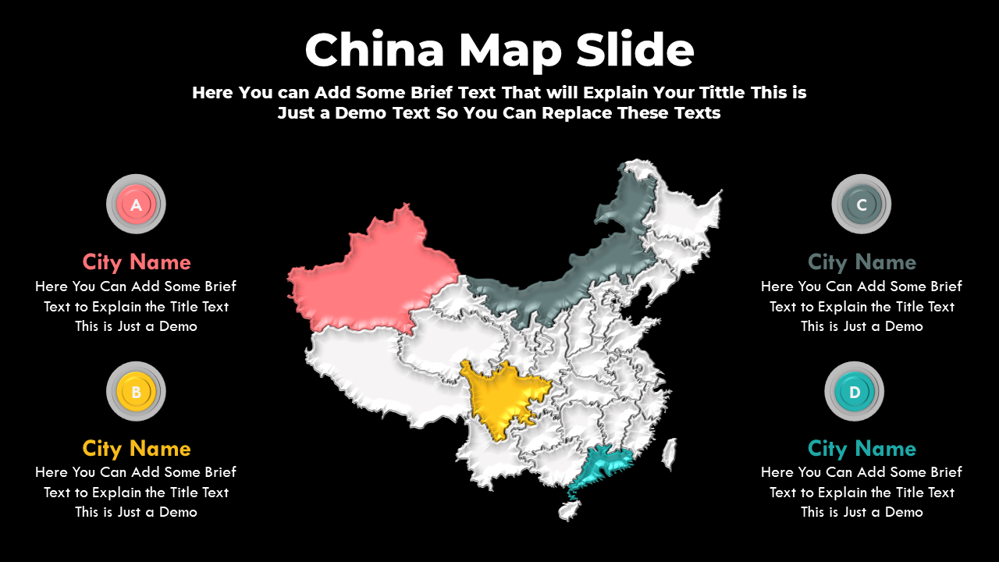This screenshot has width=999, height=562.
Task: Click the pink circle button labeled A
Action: pyautogui.click(x=136, y=205)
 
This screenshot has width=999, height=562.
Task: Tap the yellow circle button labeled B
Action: pyautogui.click(x=136, y=391)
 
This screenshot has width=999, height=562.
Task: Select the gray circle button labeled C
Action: pyautogui.click(x=861, y=205)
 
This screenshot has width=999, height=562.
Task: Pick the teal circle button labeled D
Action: pyautogui.click(x=854, y=391)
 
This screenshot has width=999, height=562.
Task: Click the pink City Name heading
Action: pyautogui.click(x=137, y=261)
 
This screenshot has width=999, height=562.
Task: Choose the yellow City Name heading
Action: pyautogui.click(x=137, y=448)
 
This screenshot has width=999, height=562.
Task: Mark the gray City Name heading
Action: pyautogui.click(x=862, y=261)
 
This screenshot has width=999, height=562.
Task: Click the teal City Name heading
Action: pyautogui.click(x=862, y=448)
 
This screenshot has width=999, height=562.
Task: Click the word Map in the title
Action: pyautogui.click(x=510, y=51)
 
